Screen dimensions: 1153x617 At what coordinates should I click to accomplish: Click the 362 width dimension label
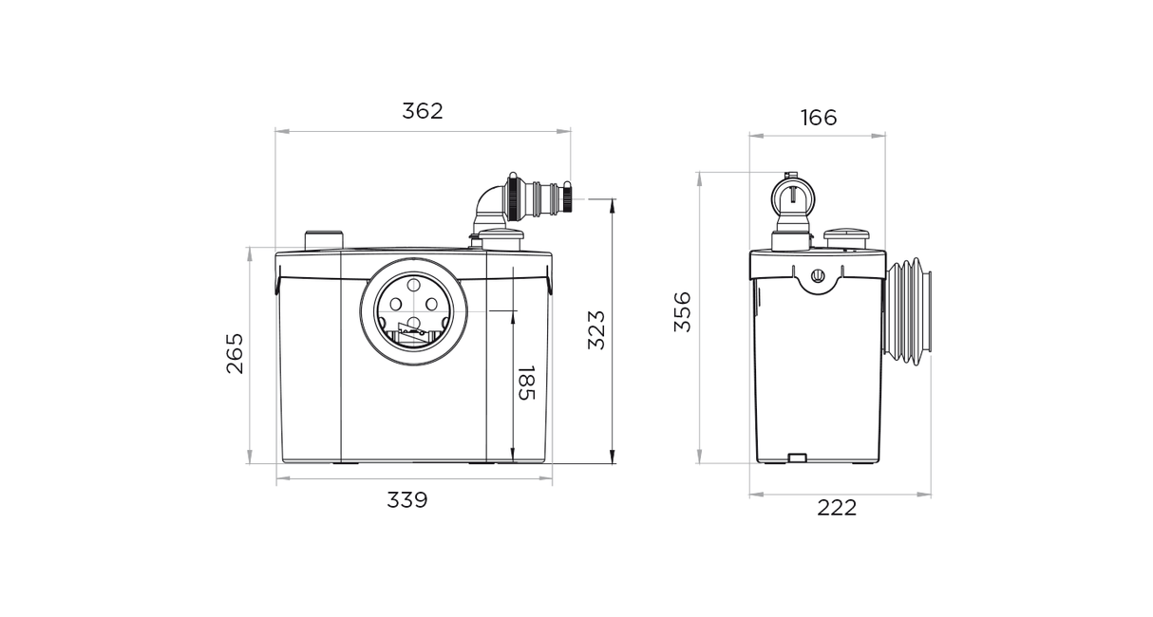(422, 111)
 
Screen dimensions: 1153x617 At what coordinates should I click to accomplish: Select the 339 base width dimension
(407, 500)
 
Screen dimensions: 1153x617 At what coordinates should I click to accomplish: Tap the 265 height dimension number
(236, 353)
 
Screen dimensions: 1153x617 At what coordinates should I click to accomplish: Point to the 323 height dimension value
(596, 329)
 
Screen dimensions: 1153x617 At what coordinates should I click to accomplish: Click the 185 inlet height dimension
(526, 383)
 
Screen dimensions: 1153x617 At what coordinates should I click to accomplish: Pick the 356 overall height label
(683, 312)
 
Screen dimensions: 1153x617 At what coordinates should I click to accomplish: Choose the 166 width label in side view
(819, 119)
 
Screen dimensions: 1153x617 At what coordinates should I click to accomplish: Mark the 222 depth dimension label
(837, 508)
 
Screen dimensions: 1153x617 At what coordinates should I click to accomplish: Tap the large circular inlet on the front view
(413, 312)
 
